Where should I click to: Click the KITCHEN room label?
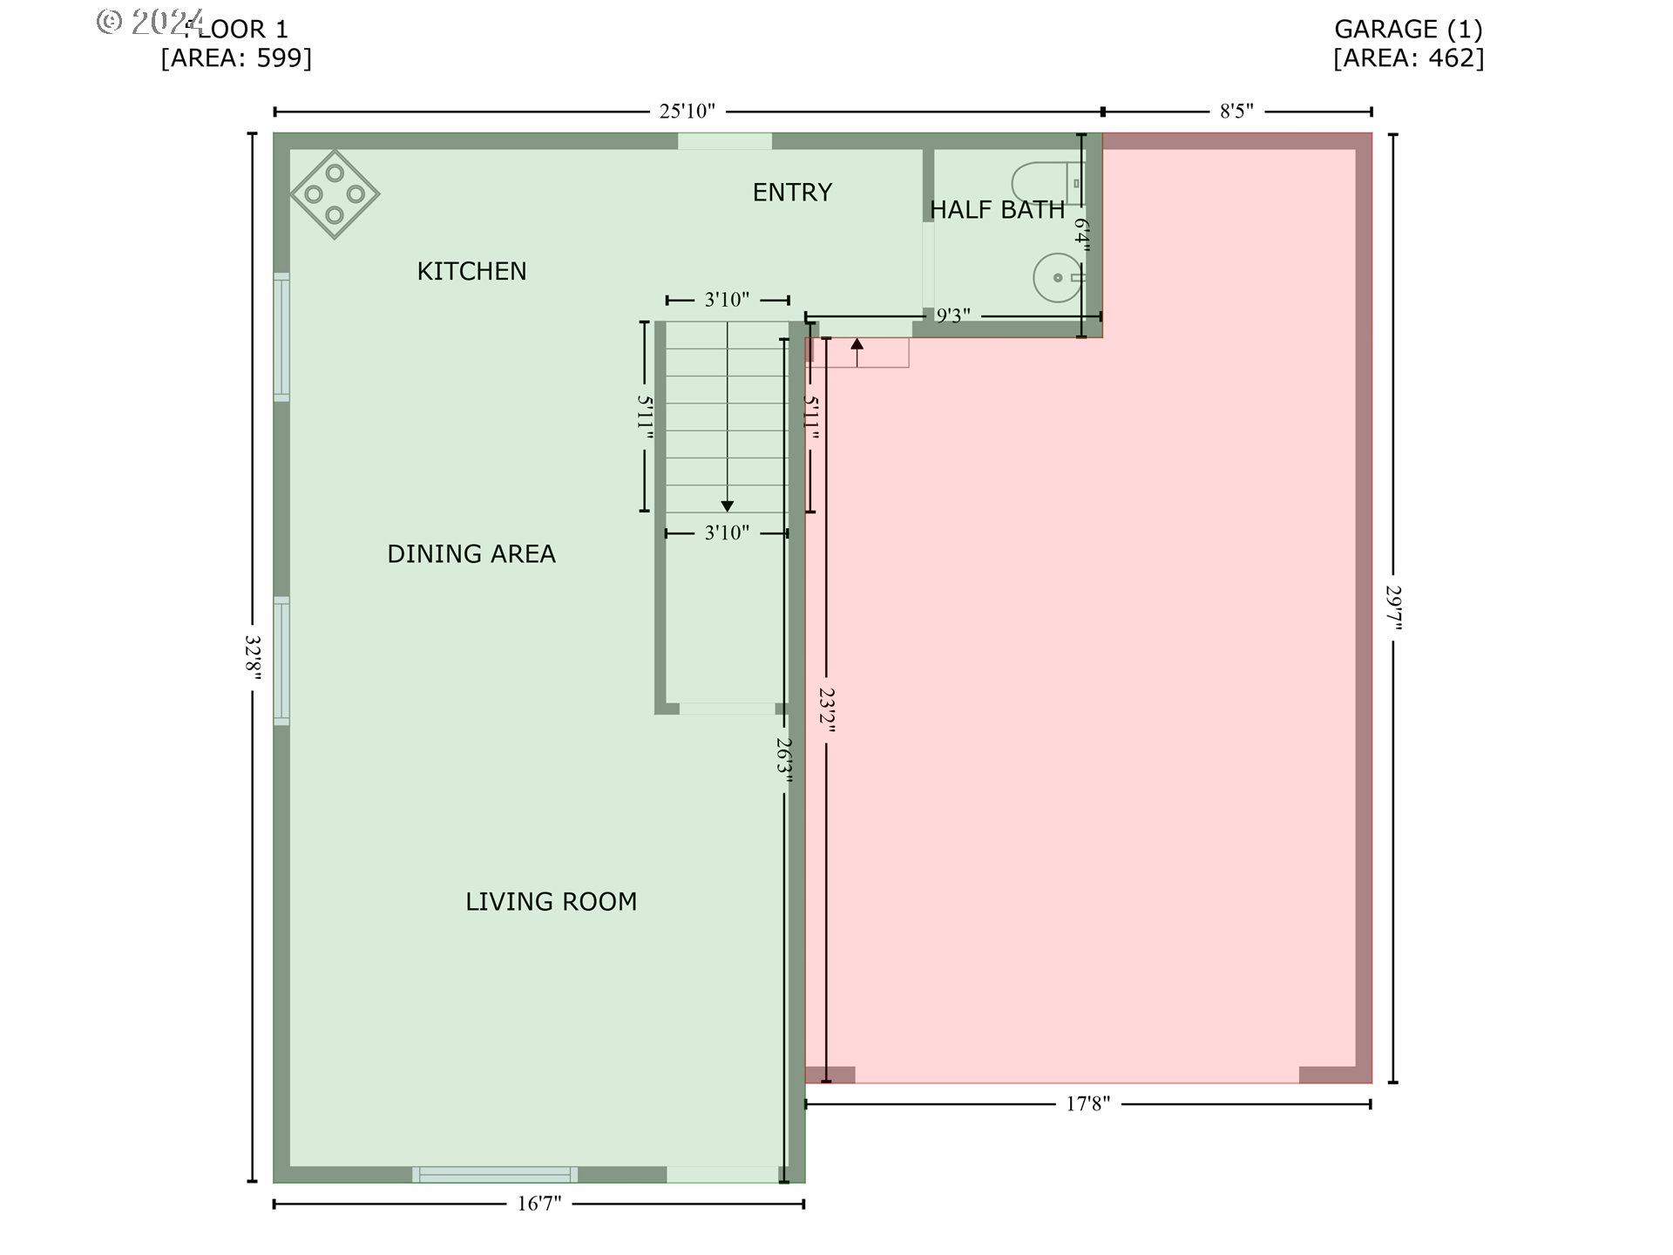point(471,271)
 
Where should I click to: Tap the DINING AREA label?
point(471,553)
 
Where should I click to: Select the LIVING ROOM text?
point(551,901)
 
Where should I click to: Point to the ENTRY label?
point(792,192)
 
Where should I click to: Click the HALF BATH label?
point(997,210)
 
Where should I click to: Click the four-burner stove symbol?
point(335,193)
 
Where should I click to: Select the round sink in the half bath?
point(1057,278)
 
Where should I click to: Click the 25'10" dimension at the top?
point(687,112)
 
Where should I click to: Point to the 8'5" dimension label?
point(1236,112)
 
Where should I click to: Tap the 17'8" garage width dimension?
point(1088,1104)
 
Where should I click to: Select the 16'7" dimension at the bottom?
point(539,1204)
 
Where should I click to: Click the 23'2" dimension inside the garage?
point(827,710)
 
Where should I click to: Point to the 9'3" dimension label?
point(953,315)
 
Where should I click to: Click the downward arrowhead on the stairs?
point(727,506)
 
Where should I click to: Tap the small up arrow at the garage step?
point(857,345)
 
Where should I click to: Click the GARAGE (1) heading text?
point(1408,29)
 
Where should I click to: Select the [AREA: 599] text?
point(236,58)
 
